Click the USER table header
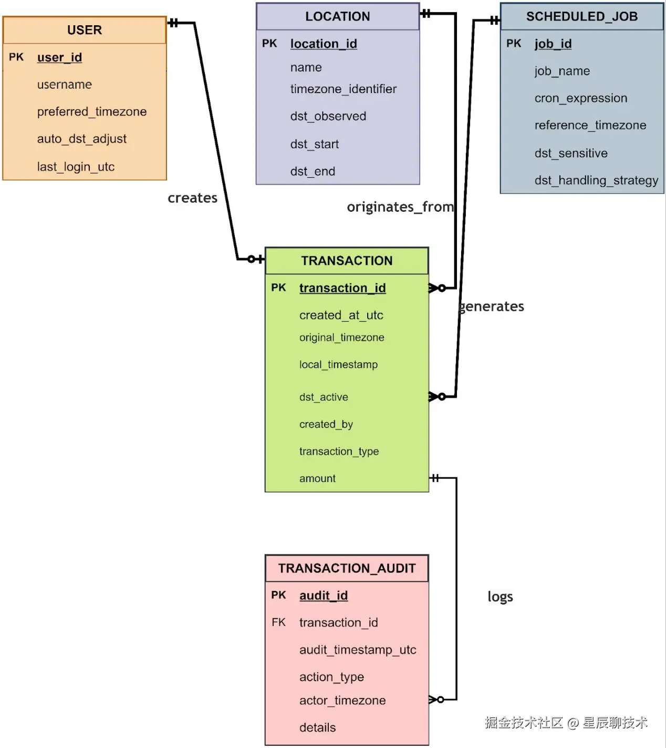(85, 30)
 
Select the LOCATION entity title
(338, 17)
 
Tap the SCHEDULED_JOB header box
(582, 17)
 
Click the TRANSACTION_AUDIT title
(347, 568)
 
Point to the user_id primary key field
(59, 57)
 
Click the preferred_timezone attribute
(92, 111)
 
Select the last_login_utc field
(76, 167)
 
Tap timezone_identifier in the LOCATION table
(343, 89)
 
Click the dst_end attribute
(313, 171)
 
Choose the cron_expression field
(581, 98)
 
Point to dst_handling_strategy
(596, 180)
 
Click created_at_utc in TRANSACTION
(341, 315)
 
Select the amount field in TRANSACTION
(317, 478)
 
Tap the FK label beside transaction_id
(278, 622)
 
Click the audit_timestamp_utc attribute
(358, 650)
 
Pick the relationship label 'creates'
(192, 198)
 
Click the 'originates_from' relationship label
(400, 207)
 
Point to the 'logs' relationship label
(500, 597)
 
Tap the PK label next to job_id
(514, 44)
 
